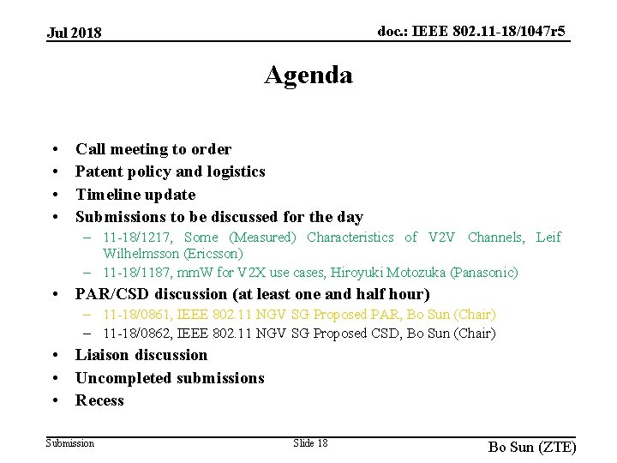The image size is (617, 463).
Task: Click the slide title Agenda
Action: [x=308, y=75]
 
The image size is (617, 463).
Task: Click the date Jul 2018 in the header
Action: [x=75, y=33]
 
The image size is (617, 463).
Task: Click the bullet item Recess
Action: [x=99, y=400]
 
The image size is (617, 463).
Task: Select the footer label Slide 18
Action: [x=310, y=442]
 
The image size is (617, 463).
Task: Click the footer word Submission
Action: [x=70, y=442]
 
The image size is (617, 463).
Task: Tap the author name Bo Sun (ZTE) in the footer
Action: [x=532, y=448]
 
